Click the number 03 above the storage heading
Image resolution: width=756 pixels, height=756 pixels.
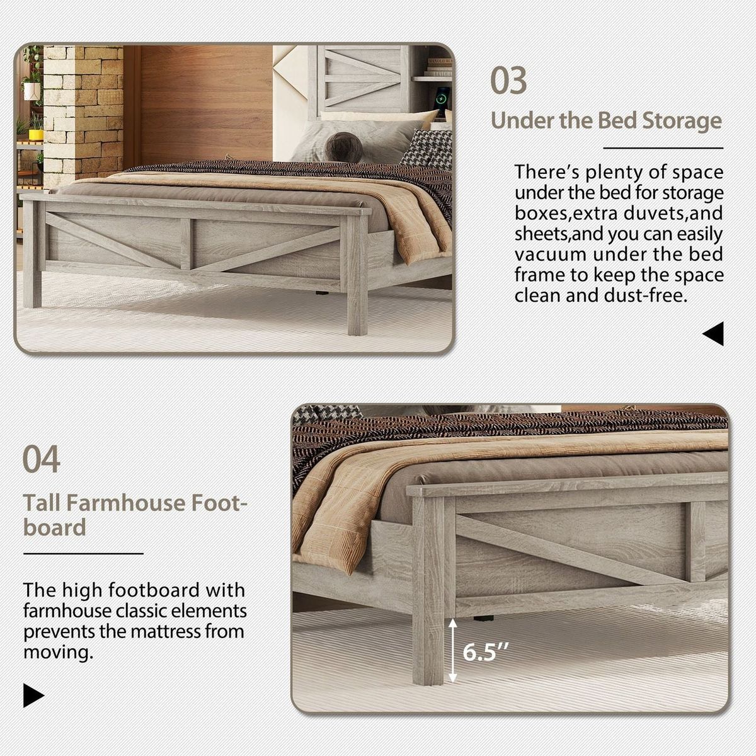508,81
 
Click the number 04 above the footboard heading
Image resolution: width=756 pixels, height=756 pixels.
42,459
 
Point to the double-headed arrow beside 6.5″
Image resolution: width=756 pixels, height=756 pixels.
452,651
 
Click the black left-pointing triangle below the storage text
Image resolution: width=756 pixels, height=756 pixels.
713,334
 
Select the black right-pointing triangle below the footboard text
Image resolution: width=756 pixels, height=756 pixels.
33,695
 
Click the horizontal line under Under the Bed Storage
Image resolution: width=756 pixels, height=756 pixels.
663,149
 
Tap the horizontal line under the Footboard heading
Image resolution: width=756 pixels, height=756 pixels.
83,554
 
